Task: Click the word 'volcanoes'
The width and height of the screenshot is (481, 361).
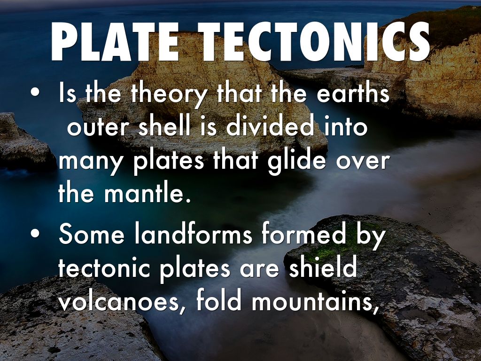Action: [x=122, y=302]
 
